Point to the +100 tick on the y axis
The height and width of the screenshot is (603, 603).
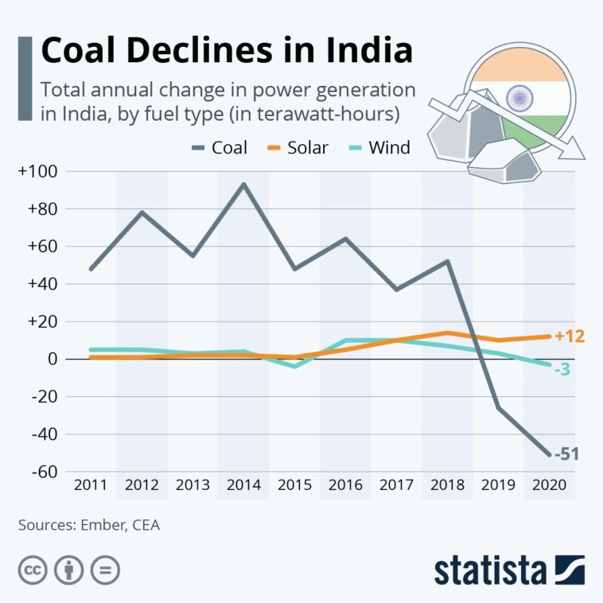click(41, 171)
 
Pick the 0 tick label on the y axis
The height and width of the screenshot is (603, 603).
click(53, 359)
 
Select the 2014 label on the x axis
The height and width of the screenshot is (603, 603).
click(243, 485)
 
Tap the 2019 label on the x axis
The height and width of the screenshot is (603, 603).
click(497, 485)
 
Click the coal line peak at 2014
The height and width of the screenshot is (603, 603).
click(243, 185)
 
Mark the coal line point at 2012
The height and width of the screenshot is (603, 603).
click(142, 212)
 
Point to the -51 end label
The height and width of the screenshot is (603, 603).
click(566, 455)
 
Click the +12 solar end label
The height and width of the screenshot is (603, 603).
click(569, 337)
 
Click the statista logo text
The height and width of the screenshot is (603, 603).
click(491, 570)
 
